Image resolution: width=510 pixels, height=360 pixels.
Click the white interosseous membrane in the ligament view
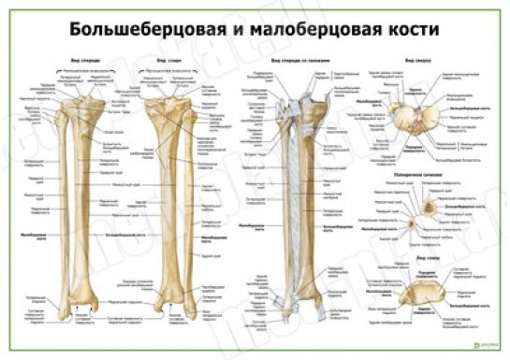tap(302, 206)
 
